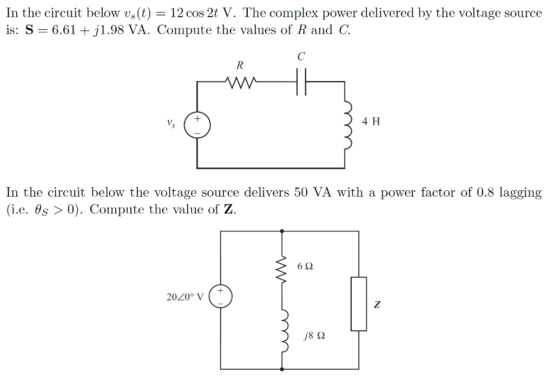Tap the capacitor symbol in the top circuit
tap(301, 82)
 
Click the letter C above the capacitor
tap(301, 56)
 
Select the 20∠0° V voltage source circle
tap(221, 297)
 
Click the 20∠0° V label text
tap(185, 297)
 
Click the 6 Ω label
tap(305, 266)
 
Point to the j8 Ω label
tap(314, 336)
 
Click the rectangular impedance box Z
tap(359, 304)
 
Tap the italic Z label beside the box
tap(377, 305)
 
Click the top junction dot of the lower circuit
tap(282, 231)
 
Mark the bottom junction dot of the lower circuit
tap(282, 369)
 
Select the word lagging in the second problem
tap(519, 192)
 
